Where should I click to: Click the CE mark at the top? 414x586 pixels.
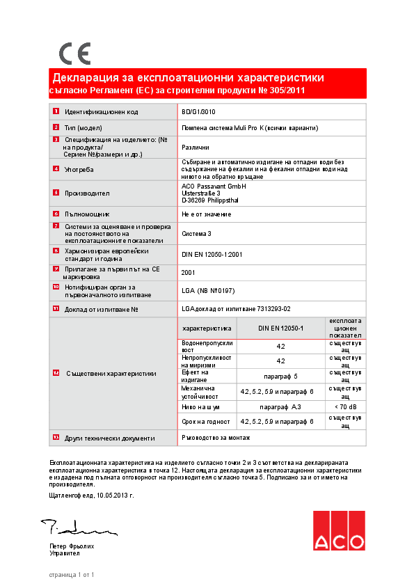(74, 54)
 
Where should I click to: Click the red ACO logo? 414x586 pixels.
(338, 530)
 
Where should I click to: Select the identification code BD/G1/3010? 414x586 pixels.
(198, 111)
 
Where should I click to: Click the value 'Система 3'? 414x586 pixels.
(197, 234)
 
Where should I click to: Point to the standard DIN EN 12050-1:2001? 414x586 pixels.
(212, 255)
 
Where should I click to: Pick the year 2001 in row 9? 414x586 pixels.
(188, 272)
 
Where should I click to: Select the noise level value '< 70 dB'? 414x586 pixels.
(345, 406)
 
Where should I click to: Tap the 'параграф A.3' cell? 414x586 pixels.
(280, 406)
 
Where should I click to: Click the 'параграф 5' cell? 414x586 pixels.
(280, 376)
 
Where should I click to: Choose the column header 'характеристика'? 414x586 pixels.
(206, 327)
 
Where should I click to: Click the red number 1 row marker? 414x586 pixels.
(56, 111)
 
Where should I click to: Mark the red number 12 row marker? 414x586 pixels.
(56, 373)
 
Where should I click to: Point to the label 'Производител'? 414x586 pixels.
(87, 193)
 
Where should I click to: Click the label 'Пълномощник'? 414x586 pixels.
(87, 214)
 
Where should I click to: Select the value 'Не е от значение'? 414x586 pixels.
(206, 214)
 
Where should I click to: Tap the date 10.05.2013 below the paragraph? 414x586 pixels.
(109, 495)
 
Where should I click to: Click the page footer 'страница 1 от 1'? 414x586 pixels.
(71, 575)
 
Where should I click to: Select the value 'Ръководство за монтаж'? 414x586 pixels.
(215, 438)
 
